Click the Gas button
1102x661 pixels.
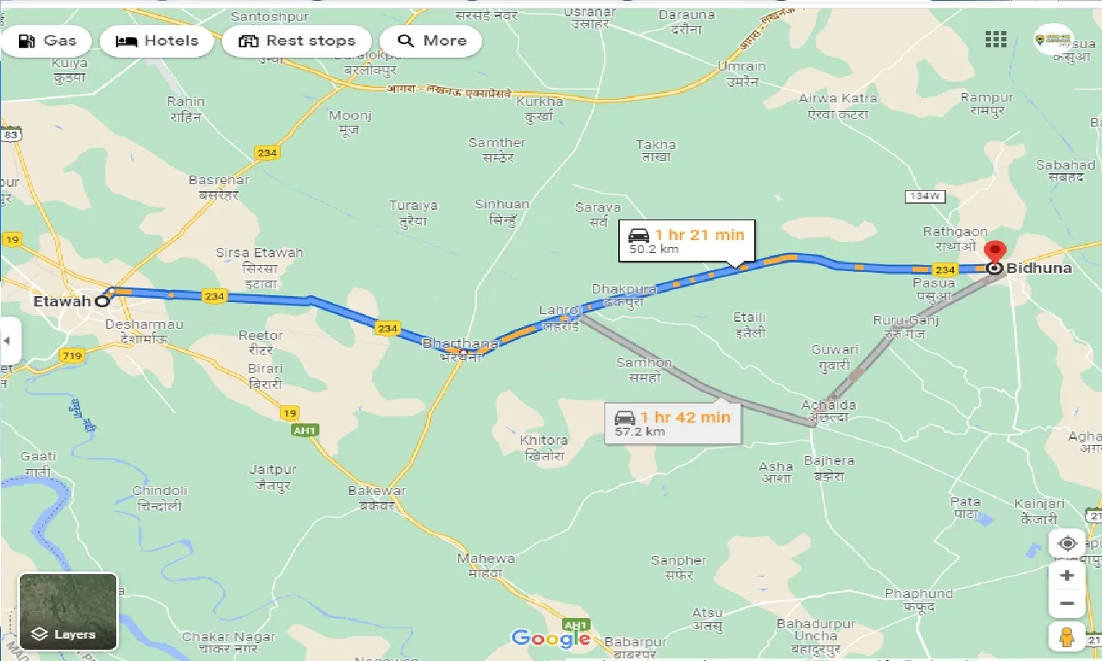click(x=47, y=41)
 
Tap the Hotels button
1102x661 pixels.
click(x=157, y=41)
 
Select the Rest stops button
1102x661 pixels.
click(x=297, y=41)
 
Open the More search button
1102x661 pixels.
click(x=430, y=41)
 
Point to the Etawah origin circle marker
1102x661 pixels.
click(x=102, y=301)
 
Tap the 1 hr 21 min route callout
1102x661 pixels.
click(x=686, y=240)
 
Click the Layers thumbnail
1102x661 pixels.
click(x=68, y=611)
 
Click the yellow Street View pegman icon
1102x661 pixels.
click(x=1067, y=637)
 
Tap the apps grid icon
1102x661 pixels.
click(x=996, y=40)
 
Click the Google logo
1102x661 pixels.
click(x=550, y=639)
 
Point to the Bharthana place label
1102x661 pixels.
click(x=461, y=343)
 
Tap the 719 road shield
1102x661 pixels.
click(x=71, y=355)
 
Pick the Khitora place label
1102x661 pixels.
click(x=543, y=441)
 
